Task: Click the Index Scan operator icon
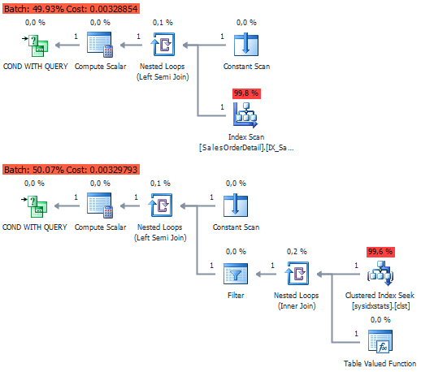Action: coord(245,115)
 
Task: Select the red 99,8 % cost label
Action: coord(246,93)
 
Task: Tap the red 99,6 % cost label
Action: coord(380,252)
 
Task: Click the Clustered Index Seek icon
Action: coord(380,274)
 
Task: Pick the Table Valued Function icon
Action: coord(380,342)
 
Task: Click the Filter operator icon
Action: coord(236,274)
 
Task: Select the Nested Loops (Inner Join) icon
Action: coord(297,274)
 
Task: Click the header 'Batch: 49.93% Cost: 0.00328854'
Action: coord(71,9)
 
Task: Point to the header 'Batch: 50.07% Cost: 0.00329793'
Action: coord(71,170)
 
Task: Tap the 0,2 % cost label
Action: coord(297,252)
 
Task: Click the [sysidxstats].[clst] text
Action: coord(380,306)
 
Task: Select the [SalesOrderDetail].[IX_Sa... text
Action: coord(246,148)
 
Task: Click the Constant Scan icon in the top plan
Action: coord(246,45)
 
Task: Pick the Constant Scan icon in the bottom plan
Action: coord(236,205)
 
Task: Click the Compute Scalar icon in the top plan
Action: coord(100,45)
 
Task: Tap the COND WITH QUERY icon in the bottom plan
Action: coord(35,206)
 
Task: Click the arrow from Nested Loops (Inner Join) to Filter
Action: coord(266,275)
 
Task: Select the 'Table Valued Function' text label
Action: coord(380,363)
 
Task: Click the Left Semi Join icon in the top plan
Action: coord(163,45)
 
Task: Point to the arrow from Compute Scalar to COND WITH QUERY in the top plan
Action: coord(67,45)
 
